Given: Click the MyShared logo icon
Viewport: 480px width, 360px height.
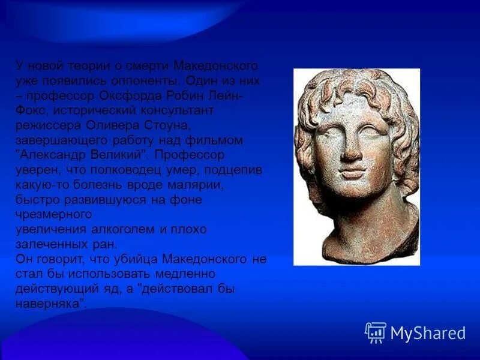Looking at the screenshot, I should (375, 332).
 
